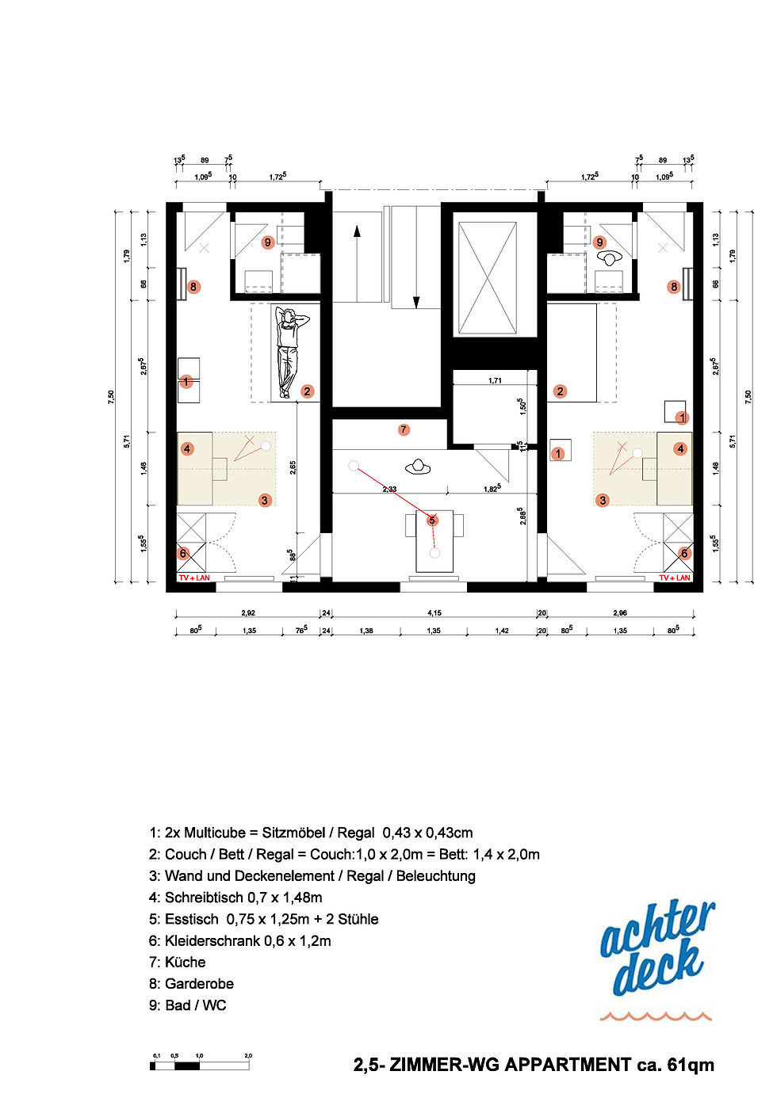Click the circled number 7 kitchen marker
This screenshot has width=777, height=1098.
click(x=404, y=429)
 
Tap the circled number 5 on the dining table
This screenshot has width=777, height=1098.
click(x=432, y=520)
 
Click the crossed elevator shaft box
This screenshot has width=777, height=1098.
click(x=487, y=278)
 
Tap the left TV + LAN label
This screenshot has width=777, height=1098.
click(x=194, y=578)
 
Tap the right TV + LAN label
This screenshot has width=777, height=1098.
click(x=674, y=578)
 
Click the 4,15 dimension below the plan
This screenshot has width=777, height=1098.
click(x=434, y=612)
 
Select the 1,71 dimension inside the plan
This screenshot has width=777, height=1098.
click(x=495, y=381)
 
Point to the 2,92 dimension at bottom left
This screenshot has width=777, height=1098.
click(x=248, y=612)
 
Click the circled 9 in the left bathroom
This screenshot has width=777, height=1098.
click(x=268, y=242)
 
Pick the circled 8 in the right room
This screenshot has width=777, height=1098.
click(x=674, y=287)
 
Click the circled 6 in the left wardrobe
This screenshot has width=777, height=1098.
click(x=183, y=553)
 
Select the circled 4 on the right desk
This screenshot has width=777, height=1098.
click(x=680, y=449)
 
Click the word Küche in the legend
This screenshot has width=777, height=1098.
click(x=185, y=962)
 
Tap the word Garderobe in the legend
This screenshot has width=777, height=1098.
click(x=199, y=983)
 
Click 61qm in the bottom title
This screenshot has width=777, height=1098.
click(x=690, y=1065)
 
